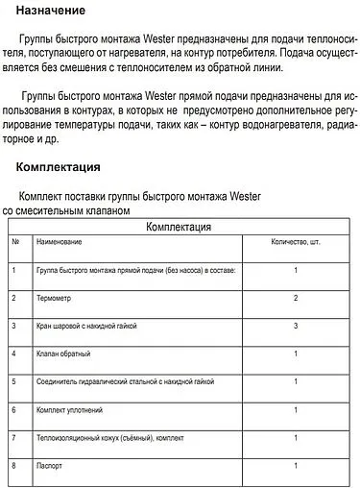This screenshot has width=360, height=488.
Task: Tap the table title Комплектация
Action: [x=179, y=227]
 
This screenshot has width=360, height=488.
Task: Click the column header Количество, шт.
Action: [x=295, y=242]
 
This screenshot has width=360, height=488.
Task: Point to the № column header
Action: [x=15, y=242]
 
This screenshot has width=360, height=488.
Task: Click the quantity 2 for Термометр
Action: [x=296, y=298]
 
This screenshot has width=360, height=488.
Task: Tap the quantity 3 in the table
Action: [x=296, y=327]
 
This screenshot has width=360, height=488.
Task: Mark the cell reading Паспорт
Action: [x=52, y=466]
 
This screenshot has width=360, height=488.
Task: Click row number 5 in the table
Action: [x=14, y=382]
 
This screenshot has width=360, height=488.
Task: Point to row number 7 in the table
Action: [x=14, y=438]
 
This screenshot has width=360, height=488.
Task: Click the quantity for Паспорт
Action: [x=296, y=466]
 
